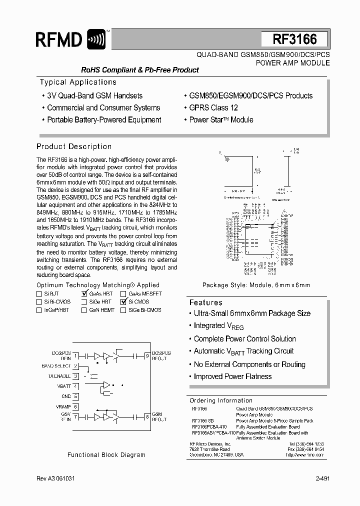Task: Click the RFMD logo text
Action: coord(59,39)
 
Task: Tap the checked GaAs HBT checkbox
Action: coord(84,294)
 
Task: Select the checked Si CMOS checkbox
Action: coord(123,302)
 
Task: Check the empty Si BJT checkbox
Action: coord(39,294)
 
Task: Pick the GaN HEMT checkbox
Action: coord(84,310)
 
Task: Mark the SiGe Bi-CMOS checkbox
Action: coord(123,310)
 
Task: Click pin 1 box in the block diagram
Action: coord(76,356)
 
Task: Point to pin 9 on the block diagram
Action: coord(147,356)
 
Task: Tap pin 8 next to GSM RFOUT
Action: coord(147,416)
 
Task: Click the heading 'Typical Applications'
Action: coord(78,82)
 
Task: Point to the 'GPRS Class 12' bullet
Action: coord(213,107)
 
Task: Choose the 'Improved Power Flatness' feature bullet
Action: coord(232,376)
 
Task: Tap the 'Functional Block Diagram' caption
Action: coord(106,455)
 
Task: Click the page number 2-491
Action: coord(322,479)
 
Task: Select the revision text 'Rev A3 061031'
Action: coord(56,479)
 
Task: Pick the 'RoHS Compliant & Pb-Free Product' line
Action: coord(140,70)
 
